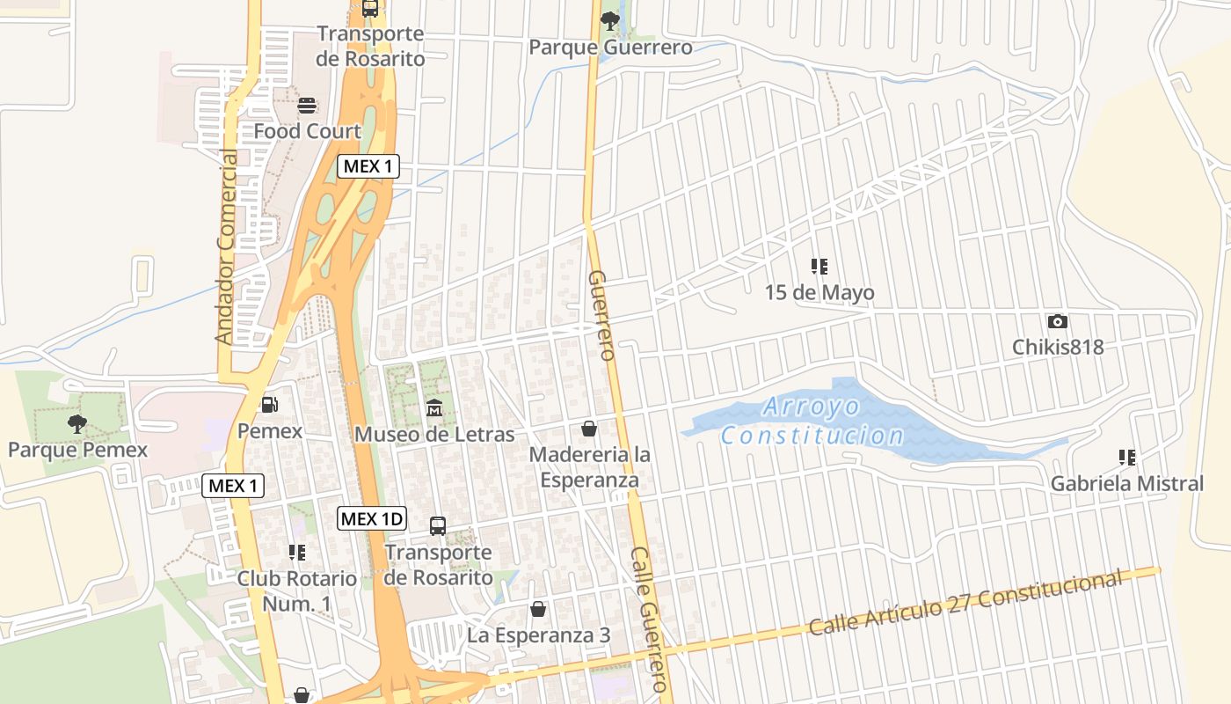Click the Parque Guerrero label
pyautogui.click(x=610, y=48)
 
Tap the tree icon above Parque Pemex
pyautogui.click(x=77, y=424)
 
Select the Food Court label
pyautogui.click(x=307, y=131)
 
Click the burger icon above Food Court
pyautogui.click(x=307, y=106)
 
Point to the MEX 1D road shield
pyautogui.click(x=372, y=518)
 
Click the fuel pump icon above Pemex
pyautogui.click(x=270, y=404)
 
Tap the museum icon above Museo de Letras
pyautogui.click(x=434, y=408)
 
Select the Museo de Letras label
pyautogui.click(x=434, y=435)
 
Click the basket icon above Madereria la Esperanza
pyautogui.click(x=589, y=429)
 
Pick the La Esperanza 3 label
pyautogui.click(x=538, y=634)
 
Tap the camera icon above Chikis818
pyautogui.click(x=1057, y=321)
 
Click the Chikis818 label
pyautogui.click(x=1057, y=347)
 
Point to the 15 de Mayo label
pyautogui.click(x=819, y=292)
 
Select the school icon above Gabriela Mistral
pyautogui.click(x=1126, y=458)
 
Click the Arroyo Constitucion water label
pyautogui.click(x=812, y=421)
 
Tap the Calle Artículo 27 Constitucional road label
pyautogui.click(x=965, y=603)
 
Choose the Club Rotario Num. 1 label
pyautogui.click(x=297, y=591)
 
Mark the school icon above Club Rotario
pyautogui.click(x=297, y=552)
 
